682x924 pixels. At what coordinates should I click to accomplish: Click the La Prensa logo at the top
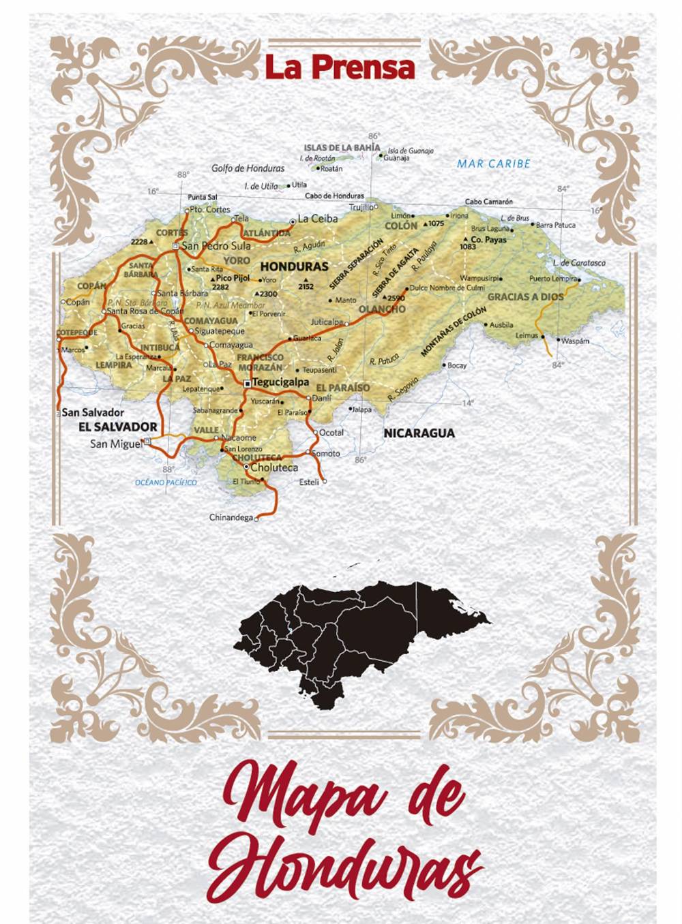[340, 67]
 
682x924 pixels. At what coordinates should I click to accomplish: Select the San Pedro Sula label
[216, 246]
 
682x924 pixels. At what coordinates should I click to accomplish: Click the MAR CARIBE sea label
[493, 164]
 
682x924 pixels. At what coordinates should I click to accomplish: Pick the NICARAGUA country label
[419, 433]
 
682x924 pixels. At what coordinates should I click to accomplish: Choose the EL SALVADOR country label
[118, 427]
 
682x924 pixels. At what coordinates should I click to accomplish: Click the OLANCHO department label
[382, 309]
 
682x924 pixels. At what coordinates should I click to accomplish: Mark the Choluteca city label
[274, 468]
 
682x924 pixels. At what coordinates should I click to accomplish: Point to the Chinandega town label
[231, 518]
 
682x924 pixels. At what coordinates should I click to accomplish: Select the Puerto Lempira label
[552, 279]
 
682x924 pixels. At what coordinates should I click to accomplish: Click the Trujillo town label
[361, 207]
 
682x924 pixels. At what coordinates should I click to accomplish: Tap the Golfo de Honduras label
[248, 168]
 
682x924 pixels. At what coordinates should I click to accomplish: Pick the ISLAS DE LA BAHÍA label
[342, 147]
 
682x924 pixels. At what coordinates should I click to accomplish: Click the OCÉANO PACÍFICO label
[166, 482]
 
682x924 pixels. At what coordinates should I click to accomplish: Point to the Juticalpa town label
[327, 322]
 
